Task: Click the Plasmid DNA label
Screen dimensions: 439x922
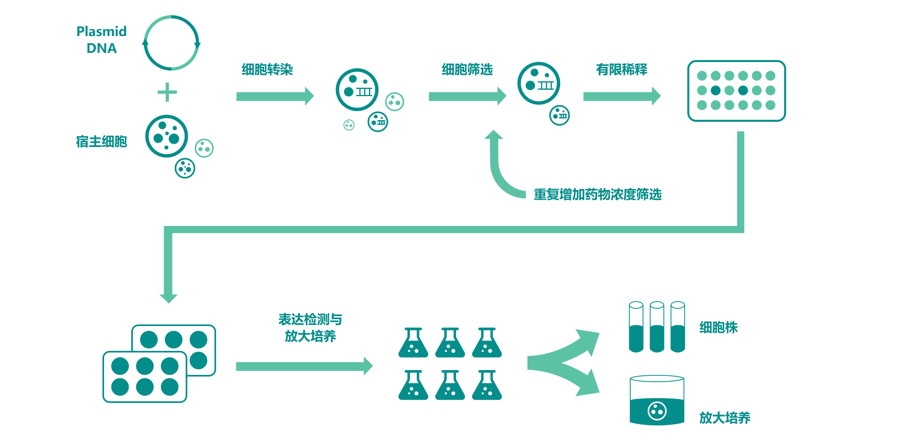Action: [101, 40]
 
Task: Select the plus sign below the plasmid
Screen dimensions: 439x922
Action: [167, 92]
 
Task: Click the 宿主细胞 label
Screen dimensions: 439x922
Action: [101, 141]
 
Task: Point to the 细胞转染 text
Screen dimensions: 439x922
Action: [267, 70]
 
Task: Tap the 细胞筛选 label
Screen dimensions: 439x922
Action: [467, 70]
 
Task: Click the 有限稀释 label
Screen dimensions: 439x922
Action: [621, 70]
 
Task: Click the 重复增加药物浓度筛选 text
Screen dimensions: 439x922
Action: [597, 195]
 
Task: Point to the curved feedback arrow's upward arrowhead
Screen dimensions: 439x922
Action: [494, 135]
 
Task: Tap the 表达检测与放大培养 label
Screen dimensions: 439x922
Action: [310, 328]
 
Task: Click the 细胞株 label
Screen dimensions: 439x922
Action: [718, 328]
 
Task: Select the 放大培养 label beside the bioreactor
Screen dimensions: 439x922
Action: [725, 418]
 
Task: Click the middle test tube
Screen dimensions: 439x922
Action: [657, 327]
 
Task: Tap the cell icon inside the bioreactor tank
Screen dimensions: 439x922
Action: [657, 411]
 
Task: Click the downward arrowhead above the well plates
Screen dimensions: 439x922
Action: [168, 298]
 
